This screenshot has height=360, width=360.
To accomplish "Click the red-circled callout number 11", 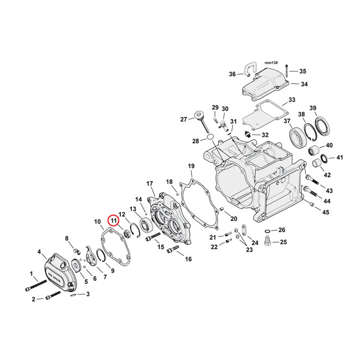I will tap(114, 220).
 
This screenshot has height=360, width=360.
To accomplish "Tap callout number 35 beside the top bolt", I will tap(302, 71).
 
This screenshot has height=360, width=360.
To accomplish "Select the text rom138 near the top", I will tap(270, 64).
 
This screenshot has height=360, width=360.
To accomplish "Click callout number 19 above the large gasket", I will tap(191, 166).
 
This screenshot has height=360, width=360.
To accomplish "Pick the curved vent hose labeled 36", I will tap(249, 70).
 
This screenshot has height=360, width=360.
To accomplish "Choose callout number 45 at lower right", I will tap(326, 213).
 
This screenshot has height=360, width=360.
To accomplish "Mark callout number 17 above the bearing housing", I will tap(150, 183).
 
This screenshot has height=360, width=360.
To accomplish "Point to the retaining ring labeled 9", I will tap(101, 255).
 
